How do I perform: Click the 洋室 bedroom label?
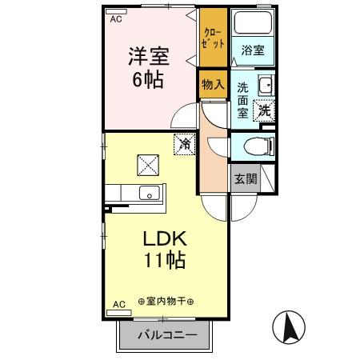149,56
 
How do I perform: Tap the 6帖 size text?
148,80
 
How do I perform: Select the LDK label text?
165,238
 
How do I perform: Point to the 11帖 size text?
165,260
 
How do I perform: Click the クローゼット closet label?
213,38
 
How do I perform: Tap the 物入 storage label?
213,85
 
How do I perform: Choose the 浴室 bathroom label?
253,50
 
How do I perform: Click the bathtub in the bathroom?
253,22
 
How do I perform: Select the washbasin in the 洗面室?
266,85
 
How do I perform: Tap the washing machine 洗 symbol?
264,110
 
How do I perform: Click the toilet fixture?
259,146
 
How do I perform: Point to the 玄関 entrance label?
246,178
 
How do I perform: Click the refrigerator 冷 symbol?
185,144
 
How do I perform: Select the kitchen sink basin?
150,193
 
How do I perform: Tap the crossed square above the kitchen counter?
148,165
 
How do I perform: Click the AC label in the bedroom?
116,19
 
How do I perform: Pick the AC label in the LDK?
119,304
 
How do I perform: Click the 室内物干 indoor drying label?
166,302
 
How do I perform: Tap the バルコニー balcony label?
168,334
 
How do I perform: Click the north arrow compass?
289,327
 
